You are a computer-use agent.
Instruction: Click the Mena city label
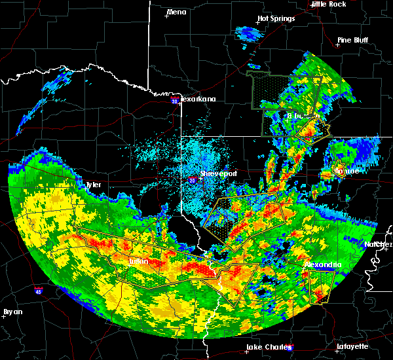(177, 12)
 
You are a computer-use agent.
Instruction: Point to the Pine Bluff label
(352, 40)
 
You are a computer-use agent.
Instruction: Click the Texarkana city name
(198, 99)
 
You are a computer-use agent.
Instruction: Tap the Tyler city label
(94, 185)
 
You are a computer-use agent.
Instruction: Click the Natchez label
(378, 244)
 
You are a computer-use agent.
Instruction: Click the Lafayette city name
(352, 346)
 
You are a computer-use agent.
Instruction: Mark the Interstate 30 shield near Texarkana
(174, 101)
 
